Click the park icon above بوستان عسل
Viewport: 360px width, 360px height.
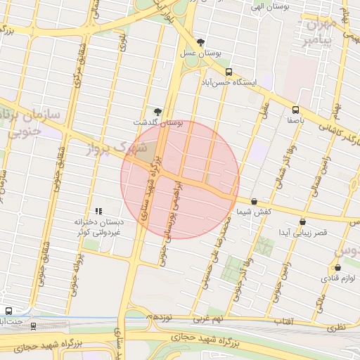(201, 42)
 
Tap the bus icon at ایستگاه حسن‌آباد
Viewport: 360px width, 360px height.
(229, 71)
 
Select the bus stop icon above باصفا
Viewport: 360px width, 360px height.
(295, 110)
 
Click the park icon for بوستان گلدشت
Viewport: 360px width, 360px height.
(157, 112)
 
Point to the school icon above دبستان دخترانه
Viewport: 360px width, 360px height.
(98, 210)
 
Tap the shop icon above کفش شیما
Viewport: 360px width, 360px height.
(254, 201)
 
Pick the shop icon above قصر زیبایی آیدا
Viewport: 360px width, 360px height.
(303, 221)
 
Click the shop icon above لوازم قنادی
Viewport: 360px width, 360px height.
(338, 268)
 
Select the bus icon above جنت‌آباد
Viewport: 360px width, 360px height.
(8, 311)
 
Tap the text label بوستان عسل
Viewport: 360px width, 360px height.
(201, 53)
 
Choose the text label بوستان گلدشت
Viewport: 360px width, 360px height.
(157, 122)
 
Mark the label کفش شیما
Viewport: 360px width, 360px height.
(254, 212)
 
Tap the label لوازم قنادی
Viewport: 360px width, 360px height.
(338, 278)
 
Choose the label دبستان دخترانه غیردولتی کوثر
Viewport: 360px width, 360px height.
(98, 226)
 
